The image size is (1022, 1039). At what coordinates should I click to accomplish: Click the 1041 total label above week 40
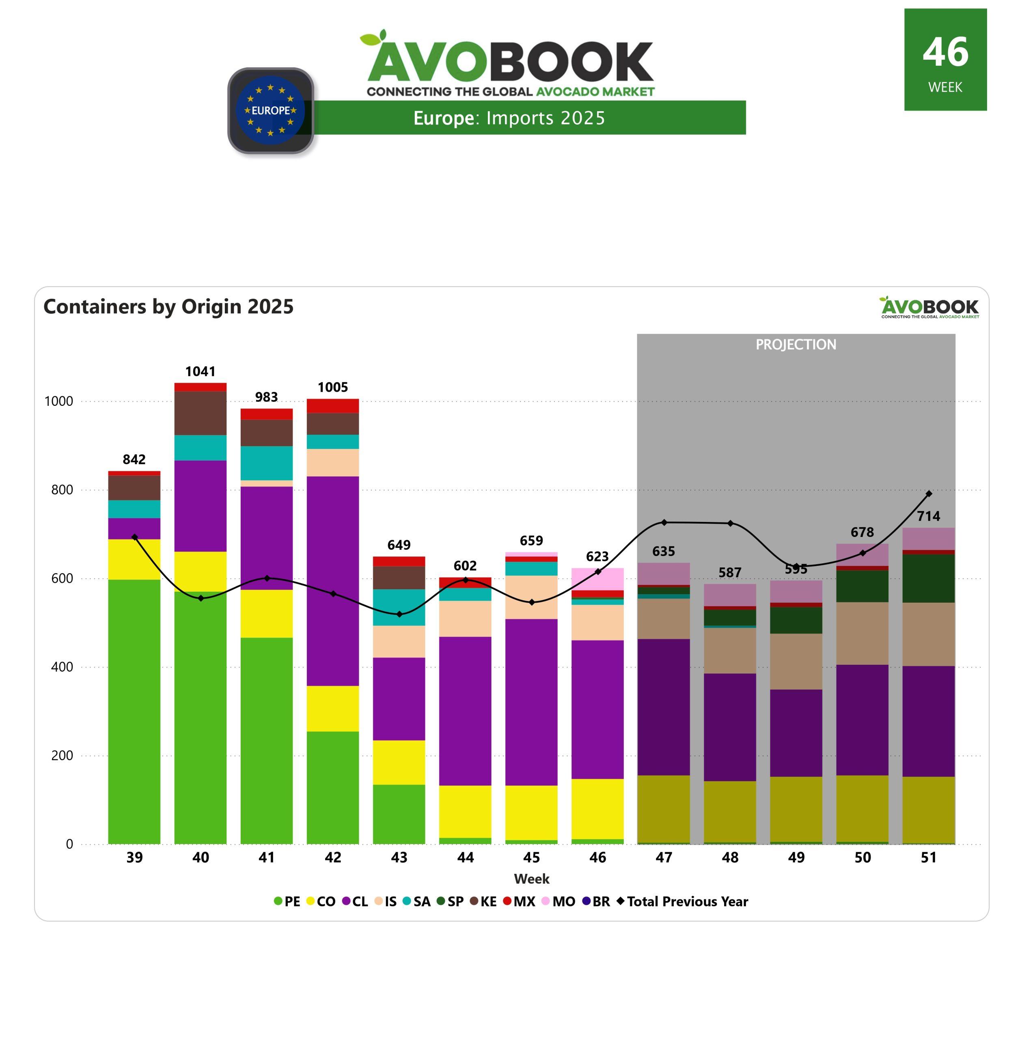pos(200,371)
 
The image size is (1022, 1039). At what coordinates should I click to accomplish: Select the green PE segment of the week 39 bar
pos(134,711)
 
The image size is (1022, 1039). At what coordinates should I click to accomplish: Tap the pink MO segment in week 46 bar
pos(597,578)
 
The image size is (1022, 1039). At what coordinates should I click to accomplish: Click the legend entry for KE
pos(483,901)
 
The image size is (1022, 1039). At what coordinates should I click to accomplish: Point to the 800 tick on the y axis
pos(62,489)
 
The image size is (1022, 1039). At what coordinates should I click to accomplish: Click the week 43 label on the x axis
pos(399,858)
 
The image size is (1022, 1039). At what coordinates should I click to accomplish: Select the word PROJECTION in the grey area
pos(796,345)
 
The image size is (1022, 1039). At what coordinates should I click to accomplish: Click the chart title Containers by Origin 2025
pos(168,306)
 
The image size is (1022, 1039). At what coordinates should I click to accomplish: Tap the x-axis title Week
pos(531,879)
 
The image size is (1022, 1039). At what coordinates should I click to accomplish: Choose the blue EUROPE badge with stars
pos(271,110)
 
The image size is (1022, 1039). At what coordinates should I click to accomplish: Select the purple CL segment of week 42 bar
pos(333,581)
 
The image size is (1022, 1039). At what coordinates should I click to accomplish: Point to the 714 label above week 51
pos(929,516)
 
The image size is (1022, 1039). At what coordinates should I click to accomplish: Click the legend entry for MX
pos(519,901)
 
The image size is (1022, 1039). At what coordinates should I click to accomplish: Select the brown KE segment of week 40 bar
pos(200,413)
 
